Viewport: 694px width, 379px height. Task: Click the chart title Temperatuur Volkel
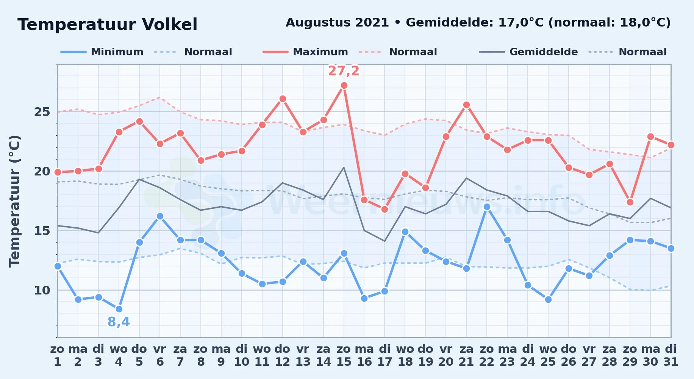click(x=108, y=25)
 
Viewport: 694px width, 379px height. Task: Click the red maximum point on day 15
click(x=344, y=86)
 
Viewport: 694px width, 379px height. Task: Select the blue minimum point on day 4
click(x=119, y=309)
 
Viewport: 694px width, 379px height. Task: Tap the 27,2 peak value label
click(x=344, y=71)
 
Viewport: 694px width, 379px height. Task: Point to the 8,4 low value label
click(x=119, y=322)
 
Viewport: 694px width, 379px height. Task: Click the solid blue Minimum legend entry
click(x=102, y=52)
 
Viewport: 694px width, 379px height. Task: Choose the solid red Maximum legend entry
click(x=305, y=52)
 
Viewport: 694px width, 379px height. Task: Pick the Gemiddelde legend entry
click(x=528, y=52)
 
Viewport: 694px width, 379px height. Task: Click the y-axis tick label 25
click(x=42, y=112)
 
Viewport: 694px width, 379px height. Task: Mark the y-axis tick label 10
click(x=42, y=290)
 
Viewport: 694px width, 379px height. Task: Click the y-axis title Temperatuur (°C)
click(x=14, y=201)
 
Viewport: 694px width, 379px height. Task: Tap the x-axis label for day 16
click(x=364, y=356)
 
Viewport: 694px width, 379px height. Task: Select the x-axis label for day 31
click(x=671, y=356)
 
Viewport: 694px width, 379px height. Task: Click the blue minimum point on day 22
click(x=487, y=207)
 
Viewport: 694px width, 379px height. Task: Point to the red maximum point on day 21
click(x=466, y=105)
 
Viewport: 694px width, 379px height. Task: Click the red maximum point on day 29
click(x=630, y=202)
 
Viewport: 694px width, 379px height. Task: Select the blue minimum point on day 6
click(x=160, y=216)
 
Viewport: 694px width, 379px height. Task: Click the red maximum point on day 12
click(x=283, y=99)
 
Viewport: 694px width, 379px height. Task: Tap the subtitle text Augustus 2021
click(x=337, y=23)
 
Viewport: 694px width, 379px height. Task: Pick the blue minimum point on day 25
click(x=548, y=300)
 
